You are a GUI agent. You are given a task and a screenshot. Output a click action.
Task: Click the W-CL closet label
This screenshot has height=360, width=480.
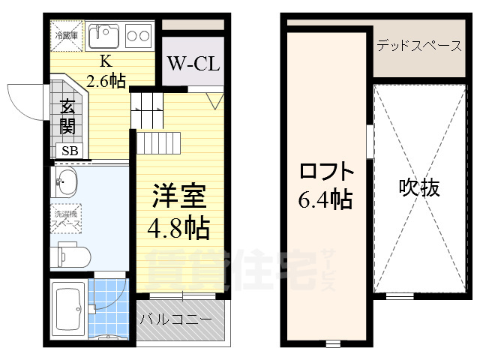pos(193,63)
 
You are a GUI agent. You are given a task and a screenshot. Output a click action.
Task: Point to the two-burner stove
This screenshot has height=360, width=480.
pos(137,34)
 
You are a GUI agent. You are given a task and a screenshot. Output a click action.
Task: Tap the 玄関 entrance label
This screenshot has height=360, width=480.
pos(67,116)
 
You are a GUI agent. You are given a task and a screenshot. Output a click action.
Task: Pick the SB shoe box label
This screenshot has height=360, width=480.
pos(69,151)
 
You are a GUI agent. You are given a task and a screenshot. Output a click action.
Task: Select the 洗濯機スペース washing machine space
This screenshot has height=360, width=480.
pos(67,218)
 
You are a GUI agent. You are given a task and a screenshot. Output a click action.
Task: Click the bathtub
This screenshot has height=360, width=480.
pos(68,310)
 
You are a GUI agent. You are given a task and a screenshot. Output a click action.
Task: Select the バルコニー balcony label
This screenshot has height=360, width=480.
pos(181,319)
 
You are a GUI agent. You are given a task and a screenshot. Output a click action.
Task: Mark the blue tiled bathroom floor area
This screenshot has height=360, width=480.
pos(109,307)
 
